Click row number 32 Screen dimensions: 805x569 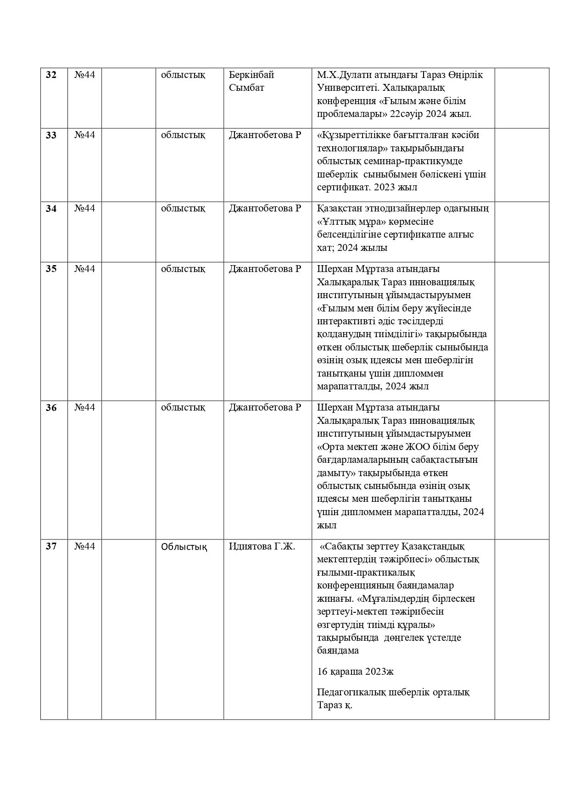click(x=51, y=75)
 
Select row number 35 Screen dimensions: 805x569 click(x=51, y=269)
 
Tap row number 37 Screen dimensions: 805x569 click(x=51, y=546)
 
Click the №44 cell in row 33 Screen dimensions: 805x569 click(x=84, y=135)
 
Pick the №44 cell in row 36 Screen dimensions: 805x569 click(x=84, y=407)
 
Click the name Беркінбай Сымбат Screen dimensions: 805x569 click(x=251, y=81)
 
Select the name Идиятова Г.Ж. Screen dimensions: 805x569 click(x=262, y=546)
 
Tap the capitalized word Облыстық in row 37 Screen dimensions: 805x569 click(x=184, y=547)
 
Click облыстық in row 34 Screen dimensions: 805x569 click(x=183, y=208)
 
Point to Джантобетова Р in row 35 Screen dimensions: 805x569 click(x=265, y=269)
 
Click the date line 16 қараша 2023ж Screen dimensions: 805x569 click(x=355, y=672)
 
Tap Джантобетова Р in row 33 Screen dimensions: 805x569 click(x=265, y=135)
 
